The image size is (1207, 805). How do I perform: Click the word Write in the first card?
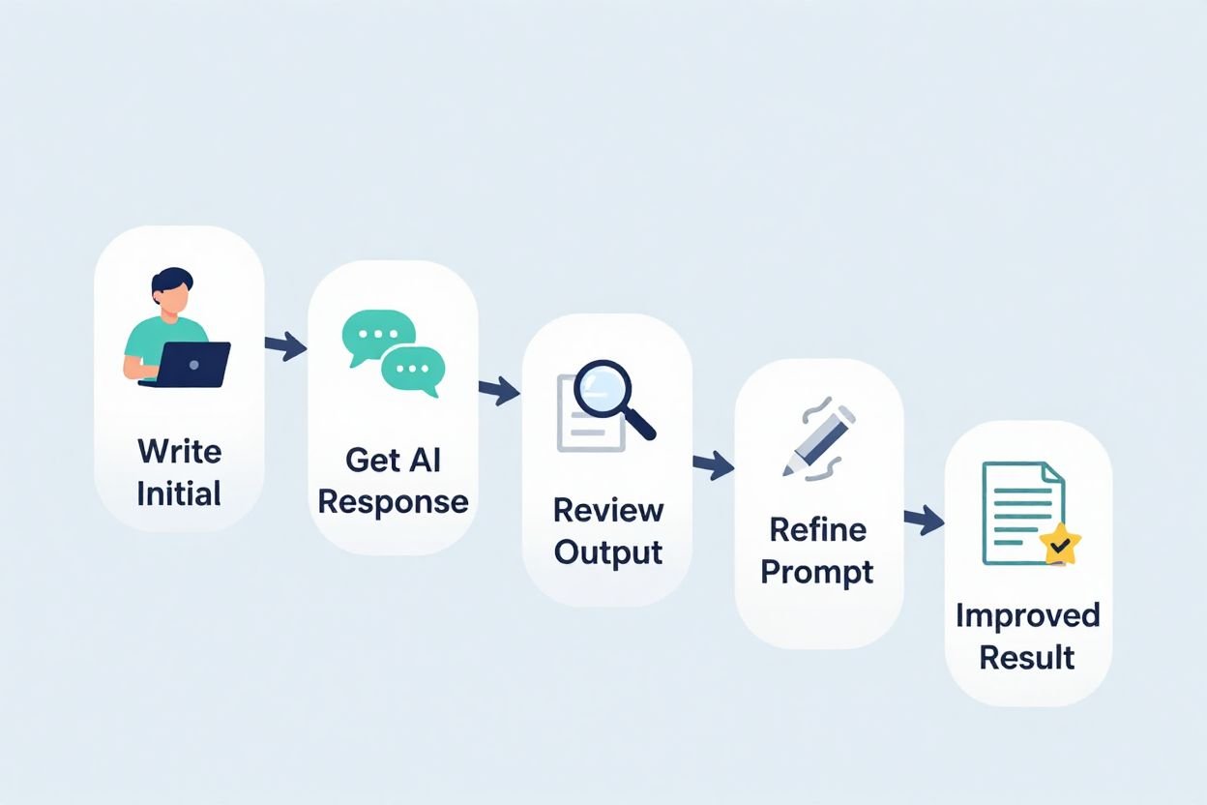click(x=179, y=451)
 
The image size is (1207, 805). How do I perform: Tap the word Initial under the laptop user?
click(x=179, y=493)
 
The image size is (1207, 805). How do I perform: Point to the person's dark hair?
click(x=171, y=282)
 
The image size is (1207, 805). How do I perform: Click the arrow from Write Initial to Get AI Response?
click(x=284, y=346)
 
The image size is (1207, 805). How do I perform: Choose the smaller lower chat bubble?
click(x=413, y=371)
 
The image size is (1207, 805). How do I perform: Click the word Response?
click(x=393, y=502)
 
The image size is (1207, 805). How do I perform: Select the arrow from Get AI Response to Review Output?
click(x=498, y=391)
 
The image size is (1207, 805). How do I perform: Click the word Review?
click(x=608, y=510)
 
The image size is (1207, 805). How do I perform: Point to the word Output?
click(x=608, y=552)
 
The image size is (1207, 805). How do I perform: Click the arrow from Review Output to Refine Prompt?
click(x=713, y=465)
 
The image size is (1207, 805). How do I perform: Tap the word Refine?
click(x=817, y=529)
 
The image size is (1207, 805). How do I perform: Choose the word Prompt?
click(x=817, y=572)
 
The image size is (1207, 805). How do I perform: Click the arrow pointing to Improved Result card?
click(x=924, y=520)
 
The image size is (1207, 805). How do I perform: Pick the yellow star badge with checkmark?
click(x=1061, y=545)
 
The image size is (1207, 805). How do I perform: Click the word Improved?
click(x=1027, y=615)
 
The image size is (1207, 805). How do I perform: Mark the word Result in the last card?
click(x=1027, y=658)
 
